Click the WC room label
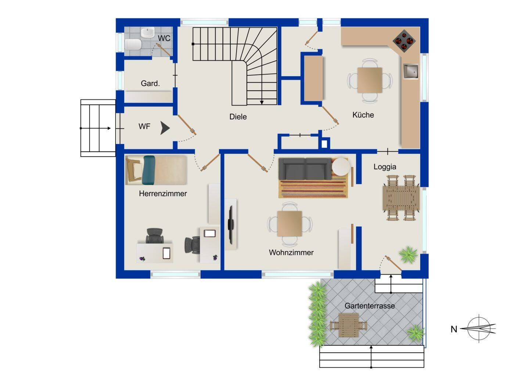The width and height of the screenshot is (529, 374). pos(164,38)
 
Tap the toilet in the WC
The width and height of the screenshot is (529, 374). pos(133,44)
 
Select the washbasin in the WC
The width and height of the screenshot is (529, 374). pos(148,32)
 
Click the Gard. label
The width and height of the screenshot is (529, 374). pos(150,83)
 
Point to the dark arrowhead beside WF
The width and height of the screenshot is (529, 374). pos(165,128)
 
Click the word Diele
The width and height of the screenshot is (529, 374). pos(238,116)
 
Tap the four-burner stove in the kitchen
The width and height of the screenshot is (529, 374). pos(404,41)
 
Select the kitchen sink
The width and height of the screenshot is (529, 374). pos(411,71)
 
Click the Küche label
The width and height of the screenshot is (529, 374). pos(363,115)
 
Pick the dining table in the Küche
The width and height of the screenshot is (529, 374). pos(370,80)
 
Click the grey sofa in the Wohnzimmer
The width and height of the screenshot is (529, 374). pos(305,169)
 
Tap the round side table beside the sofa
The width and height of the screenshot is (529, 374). pos(341,167)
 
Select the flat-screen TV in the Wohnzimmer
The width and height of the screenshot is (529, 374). pos(230,224)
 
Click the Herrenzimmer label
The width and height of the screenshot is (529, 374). pos(163,194)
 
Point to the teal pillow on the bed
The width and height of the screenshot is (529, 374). pos(149,170)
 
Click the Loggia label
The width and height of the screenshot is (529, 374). pos(385,167)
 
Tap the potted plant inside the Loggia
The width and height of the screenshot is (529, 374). pos(408,255)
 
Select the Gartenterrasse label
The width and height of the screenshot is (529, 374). pos(370,306)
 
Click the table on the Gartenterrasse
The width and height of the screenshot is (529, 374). pos(349,325)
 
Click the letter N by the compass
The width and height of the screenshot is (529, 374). pos(454,329)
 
